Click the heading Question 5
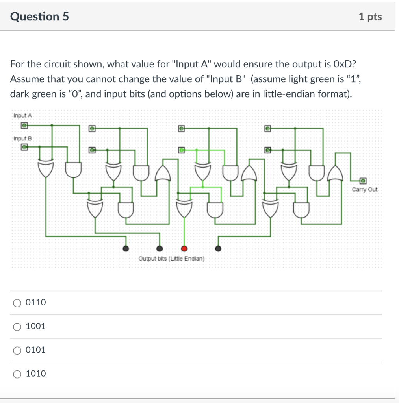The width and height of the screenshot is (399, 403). point(39,17)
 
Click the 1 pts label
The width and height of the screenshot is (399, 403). point(370,17)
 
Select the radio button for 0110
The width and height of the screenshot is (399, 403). point(17,303)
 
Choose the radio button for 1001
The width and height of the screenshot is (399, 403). point(17,327)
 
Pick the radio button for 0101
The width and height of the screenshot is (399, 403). point(17,350)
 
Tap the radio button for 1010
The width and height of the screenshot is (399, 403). point(17,374)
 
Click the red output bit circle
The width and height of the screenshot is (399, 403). point(184,248)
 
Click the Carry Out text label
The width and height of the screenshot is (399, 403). point(364,190)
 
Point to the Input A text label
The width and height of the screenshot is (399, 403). point(22,115)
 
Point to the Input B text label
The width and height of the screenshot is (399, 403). point(22,139)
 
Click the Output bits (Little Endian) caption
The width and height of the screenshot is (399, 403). point(171,259)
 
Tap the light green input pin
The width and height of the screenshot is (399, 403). point(181,150)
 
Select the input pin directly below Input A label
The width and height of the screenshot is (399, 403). point(24,125)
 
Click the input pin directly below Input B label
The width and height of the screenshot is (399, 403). point(24,147)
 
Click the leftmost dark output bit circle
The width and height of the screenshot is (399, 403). point(126,248)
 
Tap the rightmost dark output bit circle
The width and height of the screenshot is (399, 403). point(218,248)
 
